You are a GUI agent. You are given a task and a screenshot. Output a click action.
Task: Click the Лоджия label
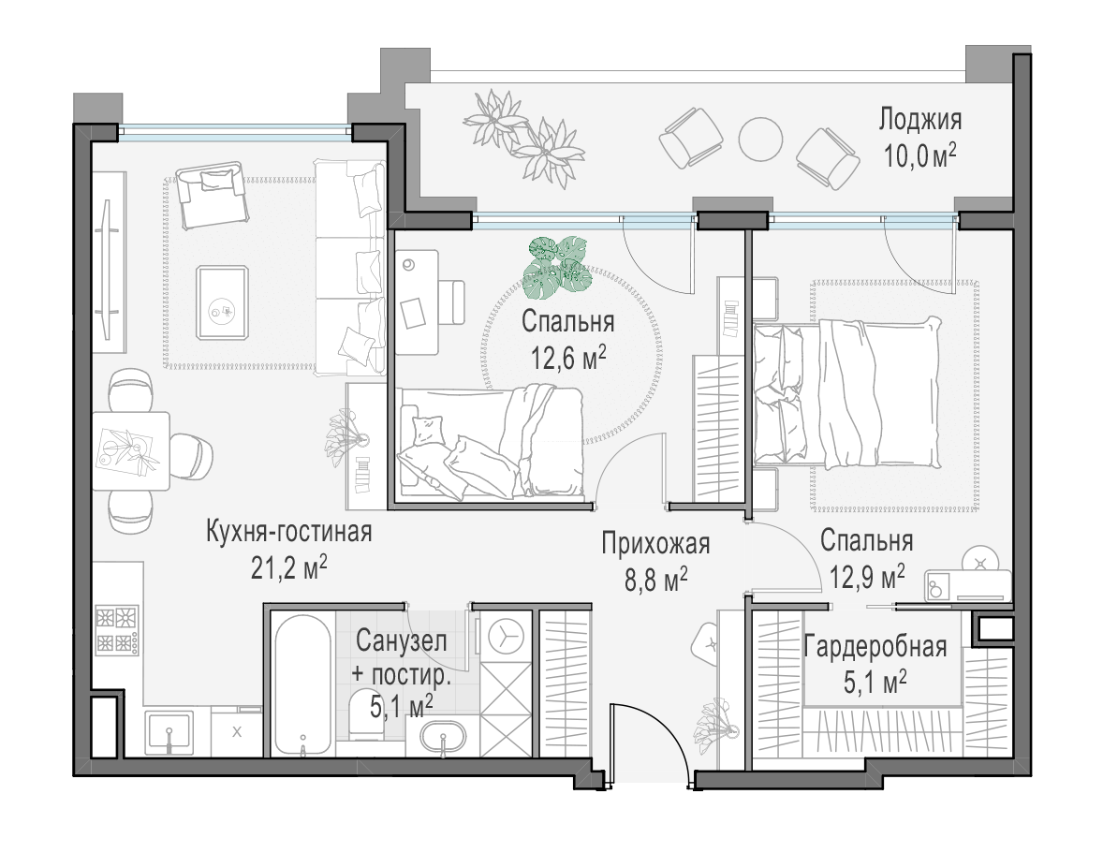919,120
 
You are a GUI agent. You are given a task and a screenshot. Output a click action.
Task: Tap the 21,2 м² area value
289,567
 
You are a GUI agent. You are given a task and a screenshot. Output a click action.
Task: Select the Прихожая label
655,544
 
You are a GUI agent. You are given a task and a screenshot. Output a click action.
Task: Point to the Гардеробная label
875,646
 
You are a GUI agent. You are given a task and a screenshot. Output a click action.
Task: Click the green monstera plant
558,264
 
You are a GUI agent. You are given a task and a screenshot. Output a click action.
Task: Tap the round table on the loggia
760,138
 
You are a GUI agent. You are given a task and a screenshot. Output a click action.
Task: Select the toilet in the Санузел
366,713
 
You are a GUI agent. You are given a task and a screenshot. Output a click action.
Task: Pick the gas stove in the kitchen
116,630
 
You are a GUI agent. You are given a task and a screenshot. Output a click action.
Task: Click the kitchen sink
169,732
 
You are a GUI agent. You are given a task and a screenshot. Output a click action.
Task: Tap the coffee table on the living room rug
222,302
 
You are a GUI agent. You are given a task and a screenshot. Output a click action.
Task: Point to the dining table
131,450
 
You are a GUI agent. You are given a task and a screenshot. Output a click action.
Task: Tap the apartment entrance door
648,739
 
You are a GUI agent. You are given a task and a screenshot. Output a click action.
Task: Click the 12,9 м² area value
867,577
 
